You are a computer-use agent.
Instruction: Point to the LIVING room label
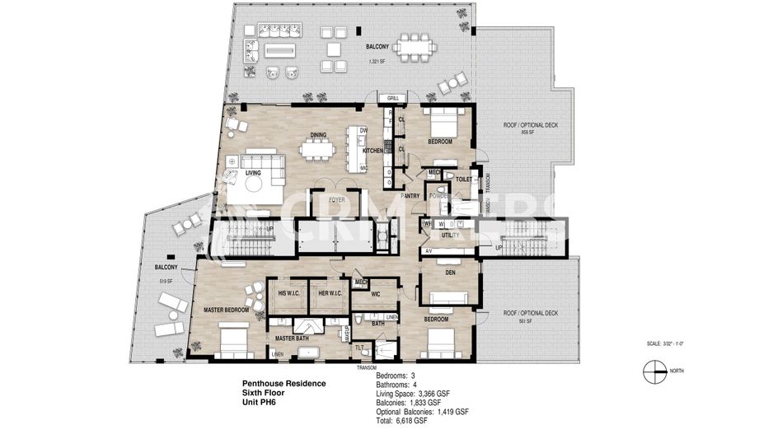click(x=253, y=173)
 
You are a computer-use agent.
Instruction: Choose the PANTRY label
click(x=410, y=196)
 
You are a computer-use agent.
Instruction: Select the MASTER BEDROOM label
click(x=226, y=310)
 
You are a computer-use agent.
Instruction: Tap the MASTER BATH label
click(x=291, y=338)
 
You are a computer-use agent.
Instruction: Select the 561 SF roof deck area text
click(x=525, y=321)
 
